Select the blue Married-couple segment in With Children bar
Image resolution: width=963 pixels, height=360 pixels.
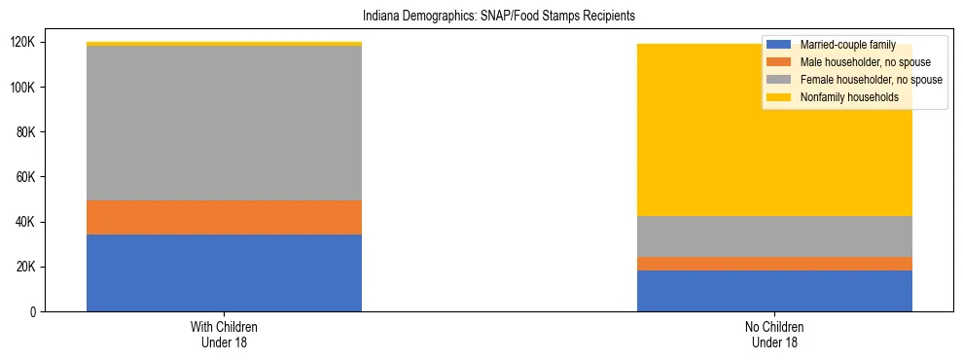pos(224,272)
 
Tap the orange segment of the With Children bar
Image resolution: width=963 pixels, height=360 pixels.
pos(224,217)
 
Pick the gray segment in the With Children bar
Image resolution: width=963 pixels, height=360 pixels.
pos(224,124)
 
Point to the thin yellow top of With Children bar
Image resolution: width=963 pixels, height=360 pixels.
pos(224,44)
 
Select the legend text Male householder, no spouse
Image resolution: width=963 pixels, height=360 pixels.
pos(866,62)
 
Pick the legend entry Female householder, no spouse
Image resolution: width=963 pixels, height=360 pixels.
pos(871,80)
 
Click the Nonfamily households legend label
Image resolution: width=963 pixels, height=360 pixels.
pos(848,97)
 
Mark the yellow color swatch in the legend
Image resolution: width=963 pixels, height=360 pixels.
pos(780,97)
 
